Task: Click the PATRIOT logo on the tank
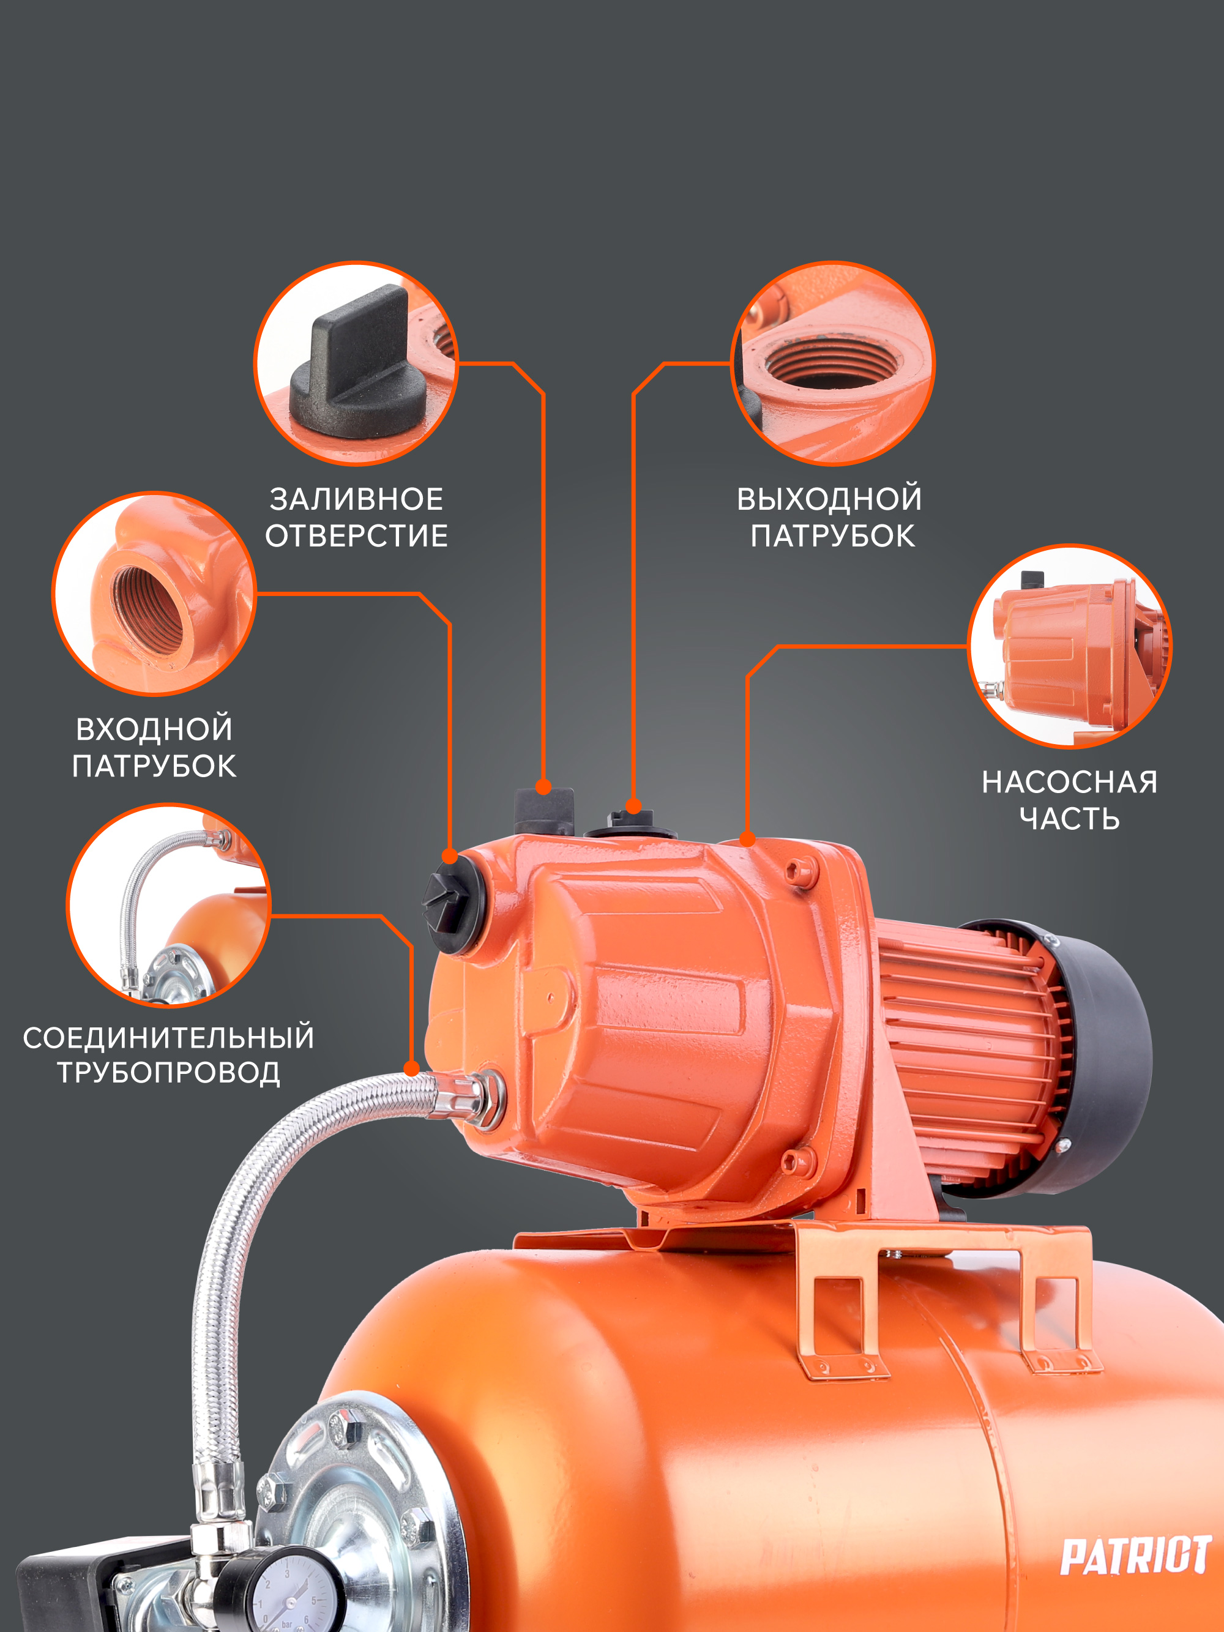pyautogui.click(x=1135, y=1554)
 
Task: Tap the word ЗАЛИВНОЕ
pyautogui.click(x=356, y=499)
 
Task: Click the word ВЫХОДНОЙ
pyautogui.click(x=829, y=499)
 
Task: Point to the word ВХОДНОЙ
pyautogui.click(x=154, y=729)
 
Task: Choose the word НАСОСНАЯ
pyautogui.click(x=1069, y=782)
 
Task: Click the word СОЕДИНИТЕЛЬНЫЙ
pyautogui.click(x=169, y=1038)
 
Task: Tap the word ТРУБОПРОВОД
pyautogui.click(x=169, y=1073)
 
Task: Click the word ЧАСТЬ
pyautogui.click(x=1069, y=819)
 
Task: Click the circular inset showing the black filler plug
pyautogui.click(x=356, y=363)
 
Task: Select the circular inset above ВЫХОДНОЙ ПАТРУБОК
pyautogui.click(x=833, y=363)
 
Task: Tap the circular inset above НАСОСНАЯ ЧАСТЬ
pyautogui.click(x=1070, y=646)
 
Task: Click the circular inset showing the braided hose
pyautogui.click(x=169, y=905)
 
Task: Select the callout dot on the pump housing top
pyautogui.click(x=747, y=839)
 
